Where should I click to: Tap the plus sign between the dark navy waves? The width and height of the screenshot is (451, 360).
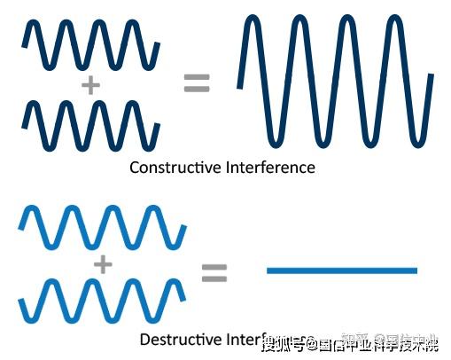(x=89, y=86)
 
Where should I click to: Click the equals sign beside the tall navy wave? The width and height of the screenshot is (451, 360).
(x=197, y=83)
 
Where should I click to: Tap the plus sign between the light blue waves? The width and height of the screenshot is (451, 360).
(x=104, y=264)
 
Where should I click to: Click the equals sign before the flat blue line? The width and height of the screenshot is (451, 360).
(x=214, y=272)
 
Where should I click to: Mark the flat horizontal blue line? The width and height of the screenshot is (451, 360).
(x=342, y=270)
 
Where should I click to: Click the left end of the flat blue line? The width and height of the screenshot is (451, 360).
(x=269, y=270)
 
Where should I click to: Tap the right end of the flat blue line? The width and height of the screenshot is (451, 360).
(x=415, y=270)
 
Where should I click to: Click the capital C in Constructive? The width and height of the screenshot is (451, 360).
(x=135, y=167)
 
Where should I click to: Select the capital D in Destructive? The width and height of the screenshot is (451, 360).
(x=144, y=339)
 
